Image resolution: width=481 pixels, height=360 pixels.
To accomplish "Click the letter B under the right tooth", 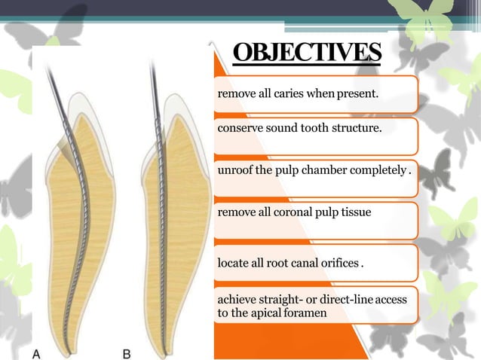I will (x=127, y=352).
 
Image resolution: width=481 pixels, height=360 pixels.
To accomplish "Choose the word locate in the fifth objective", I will (x=234, y=264).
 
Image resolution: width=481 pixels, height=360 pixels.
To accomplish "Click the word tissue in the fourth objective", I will (x=355, y=212).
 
